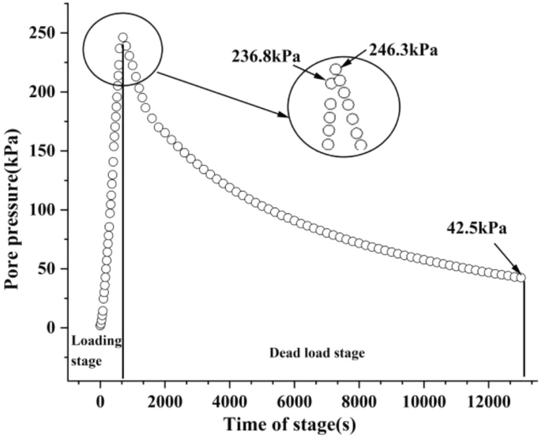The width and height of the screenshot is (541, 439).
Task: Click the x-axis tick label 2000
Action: pos(164,400)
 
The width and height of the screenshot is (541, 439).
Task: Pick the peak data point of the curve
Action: pos(123,37)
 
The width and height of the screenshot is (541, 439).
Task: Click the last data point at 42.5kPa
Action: pos(521,277)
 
